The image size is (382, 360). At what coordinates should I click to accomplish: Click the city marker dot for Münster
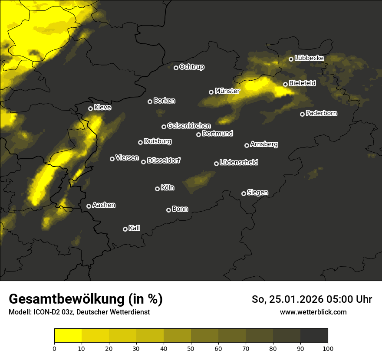pos(211,92)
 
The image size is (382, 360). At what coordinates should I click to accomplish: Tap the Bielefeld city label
pos(302,83)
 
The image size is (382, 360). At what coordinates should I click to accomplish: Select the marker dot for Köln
pos(158,189)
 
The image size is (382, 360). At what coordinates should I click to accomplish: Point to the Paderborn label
pos(321,113)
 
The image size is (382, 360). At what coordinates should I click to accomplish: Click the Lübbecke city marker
pos(291,59)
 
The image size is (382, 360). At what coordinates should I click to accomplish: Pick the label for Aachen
pos(104,205)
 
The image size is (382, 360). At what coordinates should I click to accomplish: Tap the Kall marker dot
pos(125,229)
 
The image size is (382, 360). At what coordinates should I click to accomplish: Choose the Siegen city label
pos(257,193)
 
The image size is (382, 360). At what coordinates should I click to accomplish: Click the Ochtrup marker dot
pos(176,68)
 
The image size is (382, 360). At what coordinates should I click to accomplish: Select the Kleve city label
pos(102,108)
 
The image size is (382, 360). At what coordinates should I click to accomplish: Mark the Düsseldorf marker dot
pos(144,162)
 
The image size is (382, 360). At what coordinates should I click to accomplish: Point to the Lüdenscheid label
pos(239,163)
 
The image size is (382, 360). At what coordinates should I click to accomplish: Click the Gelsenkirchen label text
pos(189,126)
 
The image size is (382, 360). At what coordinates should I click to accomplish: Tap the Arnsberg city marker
pos(247,145)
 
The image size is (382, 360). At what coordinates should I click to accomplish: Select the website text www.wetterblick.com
pos(313,312)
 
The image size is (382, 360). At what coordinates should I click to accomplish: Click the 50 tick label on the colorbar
pos(191,348)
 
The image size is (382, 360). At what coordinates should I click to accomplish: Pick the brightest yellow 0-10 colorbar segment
pos(68,336)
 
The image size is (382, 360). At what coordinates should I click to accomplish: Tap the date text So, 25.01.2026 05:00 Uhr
pos(312,299)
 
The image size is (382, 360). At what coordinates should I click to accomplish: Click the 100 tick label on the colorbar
pos(328,348)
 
